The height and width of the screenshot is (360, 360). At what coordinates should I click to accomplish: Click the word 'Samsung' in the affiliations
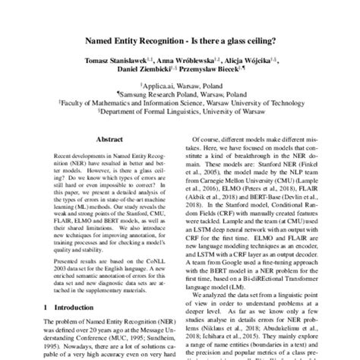[x=156, y=96]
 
